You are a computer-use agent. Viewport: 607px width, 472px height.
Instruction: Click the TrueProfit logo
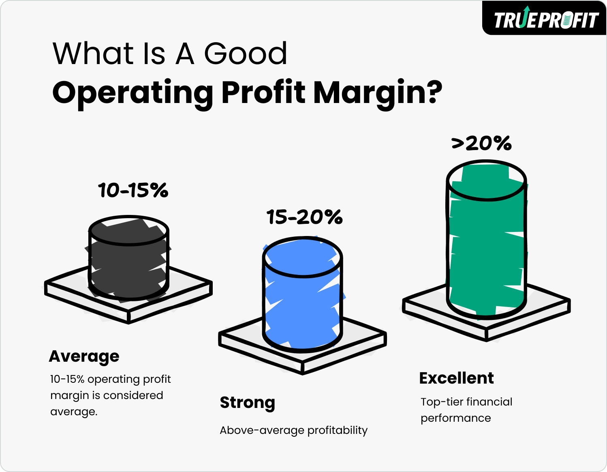545,19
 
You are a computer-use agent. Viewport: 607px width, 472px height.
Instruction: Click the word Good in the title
246,54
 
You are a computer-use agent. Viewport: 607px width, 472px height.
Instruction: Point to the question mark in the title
431,92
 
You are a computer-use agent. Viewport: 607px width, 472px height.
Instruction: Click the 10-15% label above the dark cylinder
133,190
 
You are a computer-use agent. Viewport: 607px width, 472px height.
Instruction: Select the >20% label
481,143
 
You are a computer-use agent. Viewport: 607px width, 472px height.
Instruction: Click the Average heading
84,356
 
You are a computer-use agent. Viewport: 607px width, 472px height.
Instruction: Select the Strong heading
247,402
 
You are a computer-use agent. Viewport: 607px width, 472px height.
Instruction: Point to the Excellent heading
456,378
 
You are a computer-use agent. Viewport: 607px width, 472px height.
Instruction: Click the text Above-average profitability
293,430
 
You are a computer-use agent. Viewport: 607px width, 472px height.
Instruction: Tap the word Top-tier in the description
442,402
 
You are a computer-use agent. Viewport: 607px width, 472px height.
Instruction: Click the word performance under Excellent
455,418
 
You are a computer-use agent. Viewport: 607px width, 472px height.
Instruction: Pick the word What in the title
93,54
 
